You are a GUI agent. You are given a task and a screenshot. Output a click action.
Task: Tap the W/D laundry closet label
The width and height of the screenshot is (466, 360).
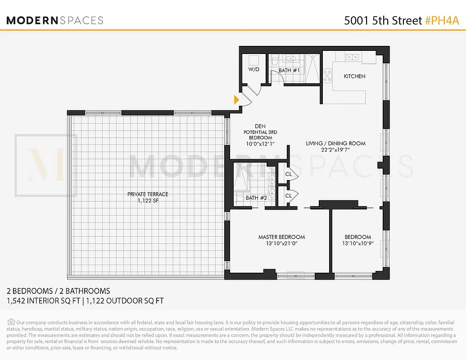click(253, 70)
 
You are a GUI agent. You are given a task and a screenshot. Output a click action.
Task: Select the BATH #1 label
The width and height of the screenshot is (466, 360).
click(289, 71)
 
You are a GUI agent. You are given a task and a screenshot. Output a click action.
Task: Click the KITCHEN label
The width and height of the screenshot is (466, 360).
click(354, 76)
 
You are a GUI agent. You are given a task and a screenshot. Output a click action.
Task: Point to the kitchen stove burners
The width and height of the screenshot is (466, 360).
click(327, 74)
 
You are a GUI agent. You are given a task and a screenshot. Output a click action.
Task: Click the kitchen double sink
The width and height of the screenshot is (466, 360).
click(352, 57)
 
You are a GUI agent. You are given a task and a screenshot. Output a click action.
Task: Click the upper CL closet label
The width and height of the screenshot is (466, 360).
click(289, 175)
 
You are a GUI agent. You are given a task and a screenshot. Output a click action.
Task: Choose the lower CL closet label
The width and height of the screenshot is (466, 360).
click(289, 196)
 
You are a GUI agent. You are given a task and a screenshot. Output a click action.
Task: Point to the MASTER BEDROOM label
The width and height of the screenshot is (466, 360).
click(281, 237)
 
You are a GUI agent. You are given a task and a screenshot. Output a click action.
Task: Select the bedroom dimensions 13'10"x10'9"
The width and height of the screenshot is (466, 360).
click(358, 244)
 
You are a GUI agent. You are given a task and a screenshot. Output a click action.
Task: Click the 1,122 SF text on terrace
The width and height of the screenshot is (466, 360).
click(148, 201)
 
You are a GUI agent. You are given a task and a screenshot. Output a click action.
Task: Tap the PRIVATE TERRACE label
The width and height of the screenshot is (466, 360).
click(148, 194)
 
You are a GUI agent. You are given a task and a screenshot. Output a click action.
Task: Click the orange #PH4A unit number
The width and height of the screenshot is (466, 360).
click(442, 20)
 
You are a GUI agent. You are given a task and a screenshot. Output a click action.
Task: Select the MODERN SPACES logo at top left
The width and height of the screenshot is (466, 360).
click(54, 20)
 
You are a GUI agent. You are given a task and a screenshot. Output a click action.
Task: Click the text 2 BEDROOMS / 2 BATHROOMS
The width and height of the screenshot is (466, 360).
click(58, 291)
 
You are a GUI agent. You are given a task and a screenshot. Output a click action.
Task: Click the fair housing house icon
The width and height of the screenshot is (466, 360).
click(11, 322)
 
